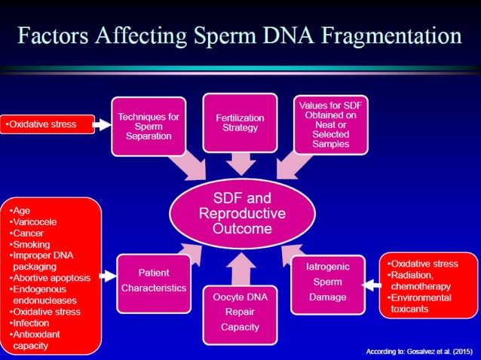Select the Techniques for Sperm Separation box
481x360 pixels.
[149, 126]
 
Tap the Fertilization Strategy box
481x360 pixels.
[239, 123]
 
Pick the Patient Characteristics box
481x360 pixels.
[153, 280]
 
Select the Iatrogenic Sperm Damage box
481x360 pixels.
[326, 282]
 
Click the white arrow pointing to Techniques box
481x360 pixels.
[103, 124]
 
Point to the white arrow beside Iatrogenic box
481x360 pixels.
[369, 285]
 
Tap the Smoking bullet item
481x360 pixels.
[32, 244]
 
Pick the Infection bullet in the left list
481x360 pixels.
[32, 322]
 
